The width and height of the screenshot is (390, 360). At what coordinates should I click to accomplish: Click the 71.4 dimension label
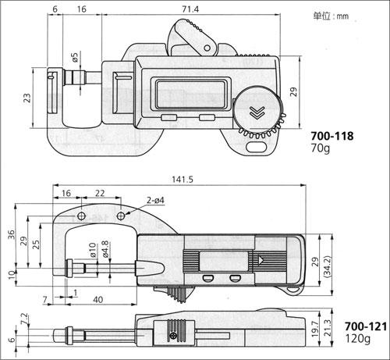tap(190, 9)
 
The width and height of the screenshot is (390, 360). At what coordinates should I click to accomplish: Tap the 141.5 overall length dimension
tap(183, 180)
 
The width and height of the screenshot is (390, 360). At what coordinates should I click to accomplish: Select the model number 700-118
tap(332, 136)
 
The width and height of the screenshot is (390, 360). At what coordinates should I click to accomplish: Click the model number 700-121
tap(366, 326)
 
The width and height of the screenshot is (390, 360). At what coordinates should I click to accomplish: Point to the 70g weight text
tap(321, 148)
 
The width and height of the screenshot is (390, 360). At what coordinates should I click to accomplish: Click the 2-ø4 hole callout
tap(155, 201)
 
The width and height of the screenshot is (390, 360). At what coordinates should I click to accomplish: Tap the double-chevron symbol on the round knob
tap(257, 112)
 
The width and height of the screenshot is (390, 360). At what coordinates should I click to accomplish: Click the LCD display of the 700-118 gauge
tap(190, 94)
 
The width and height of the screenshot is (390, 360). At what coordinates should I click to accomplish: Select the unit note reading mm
tap(331, 16)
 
